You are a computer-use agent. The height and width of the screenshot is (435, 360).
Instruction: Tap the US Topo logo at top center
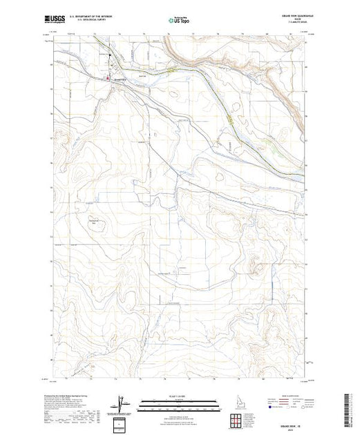(x=180, y=21)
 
